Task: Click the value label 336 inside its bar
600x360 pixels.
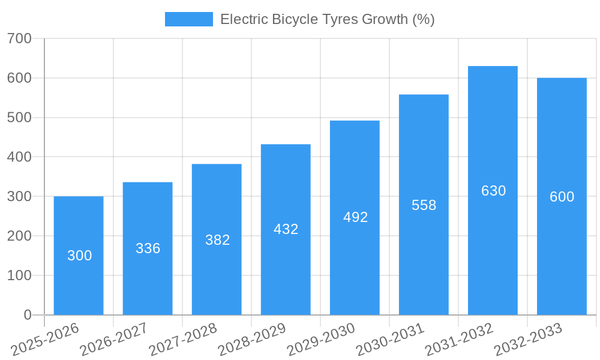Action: pos(148,248)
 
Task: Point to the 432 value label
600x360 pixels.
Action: pos(286,229)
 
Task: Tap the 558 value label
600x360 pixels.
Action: pos(424,205)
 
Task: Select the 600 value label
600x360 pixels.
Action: pos(562,197)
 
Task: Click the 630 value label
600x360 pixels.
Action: pos(493,191)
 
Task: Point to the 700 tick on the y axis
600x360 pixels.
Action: pos(20,38)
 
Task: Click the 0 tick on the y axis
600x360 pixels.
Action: pos(28,315)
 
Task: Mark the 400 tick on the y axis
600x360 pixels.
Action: pos(20,157)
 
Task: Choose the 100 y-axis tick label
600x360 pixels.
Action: pos(20,275)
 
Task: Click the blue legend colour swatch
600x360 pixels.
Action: pos(188,19)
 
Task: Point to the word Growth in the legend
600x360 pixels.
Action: pos(385,19)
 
